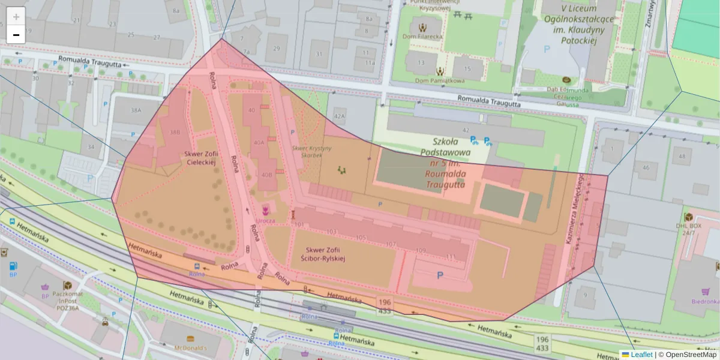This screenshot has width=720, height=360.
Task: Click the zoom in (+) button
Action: coord(16,16)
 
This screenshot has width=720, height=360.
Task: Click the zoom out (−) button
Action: coord(16,35)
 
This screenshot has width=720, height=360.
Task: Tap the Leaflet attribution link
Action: coord(641,355)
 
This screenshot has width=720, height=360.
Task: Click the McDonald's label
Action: coord(190,347)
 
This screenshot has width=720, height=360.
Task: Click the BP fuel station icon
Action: coord(13,265)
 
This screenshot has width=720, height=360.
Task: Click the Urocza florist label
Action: coord(265,220)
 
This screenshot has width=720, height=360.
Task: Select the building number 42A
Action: coord(340,116)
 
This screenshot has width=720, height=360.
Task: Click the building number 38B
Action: coord(175,132)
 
